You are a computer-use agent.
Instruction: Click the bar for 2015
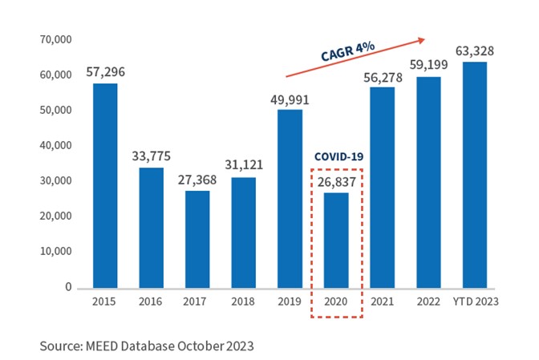coord(106,185)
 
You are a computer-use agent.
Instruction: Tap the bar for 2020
coord(336,240)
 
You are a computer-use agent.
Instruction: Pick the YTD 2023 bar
coord(474,174)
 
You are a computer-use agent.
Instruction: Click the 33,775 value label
coord(152,156)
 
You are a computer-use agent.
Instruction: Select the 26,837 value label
coord(336,182)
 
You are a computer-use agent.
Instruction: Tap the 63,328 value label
coord(474,51)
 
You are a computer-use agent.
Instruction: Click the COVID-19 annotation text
coord(336,158)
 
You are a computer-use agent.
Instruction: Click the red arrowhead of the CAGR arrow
coord(421,38)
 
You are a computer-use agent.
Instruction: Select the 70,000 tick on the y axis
coord(55,39)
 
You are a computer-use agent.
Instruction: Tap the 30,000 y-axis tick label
coord(55,180)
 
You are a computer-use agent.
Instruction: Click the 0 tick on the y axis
coord(68,286)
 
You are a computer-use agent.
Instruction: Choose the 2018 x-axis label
coord(244,302)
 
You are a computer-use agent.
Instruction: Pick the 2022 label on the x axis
coord(428,302)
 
